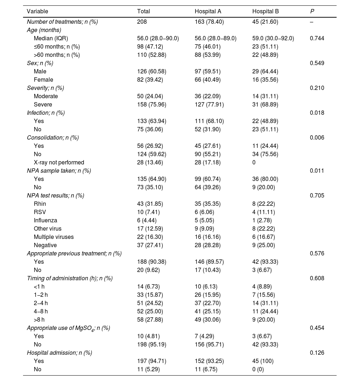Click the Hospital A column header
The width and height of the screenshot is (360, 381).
[x=208, y=12]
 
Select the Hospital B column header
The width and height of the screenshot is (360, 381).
[x=265, y=12]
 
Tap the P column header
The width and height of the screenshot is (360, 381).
[x=312, y=12]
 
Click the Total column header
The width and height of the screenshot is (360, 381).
[x=143, y=12]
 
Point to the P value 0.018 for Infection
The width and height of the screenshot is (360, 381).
[x=317, y=113]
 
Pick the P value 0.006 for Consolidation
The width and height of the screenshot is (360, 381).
[x=317, y=138]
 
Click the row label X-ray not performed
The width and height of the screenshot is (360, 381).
[x=59, y=163]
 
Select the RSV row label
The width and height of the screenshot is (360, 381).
[x=40, y=212]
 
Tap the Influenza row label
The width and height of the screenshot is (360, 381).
[x=45, y=221]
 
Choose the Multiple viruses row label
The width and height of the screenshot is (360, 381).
[x=54, y=237]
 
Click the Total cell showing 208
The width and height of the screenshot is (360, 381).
[x=142, y=22]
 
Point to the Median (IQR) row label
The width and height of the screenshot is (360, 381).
[x=51, y=38]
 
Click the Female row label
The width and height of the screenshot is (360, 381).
[x=43, y=80]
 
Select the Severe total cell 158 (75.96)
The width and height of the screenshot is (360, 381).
[x=152, y=105]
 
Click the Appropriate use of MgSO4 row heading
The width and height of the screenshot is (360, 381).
[x=68, y=328]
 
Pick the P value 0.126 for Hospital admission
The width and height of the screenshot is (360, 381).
[x=317, y=353]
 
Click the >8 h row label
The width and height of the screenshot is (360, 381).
[x=39, y=320]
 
